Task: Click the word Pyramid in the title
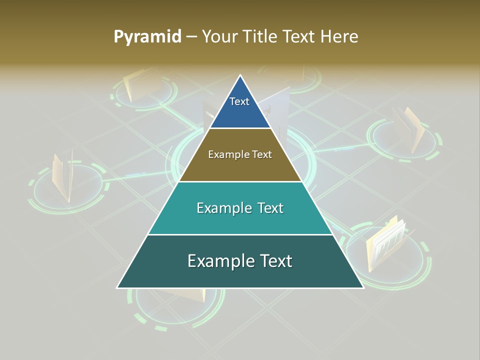tap(147, 37)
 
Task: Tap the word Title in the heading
tap(260, 37)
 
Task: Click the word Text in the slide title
tap(300, 37)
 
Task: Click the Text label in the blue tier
tap(239, 101)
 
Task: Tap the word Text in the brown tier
tap(261, 154)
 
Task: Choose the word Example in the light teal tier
tap(222, 208)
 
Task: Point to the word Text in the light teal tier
tap(270, 208)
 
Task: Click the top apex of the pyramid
tap(240, 75)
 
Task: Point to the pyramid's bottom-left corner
tap(117, 287)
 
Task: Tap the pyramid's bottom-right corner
tap(363, 287)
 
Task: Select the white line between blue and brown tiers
tap(240, 128)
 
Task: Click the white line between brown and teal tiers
tap(240, 181)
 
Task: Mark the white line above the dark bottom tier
tap(240, 234)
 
